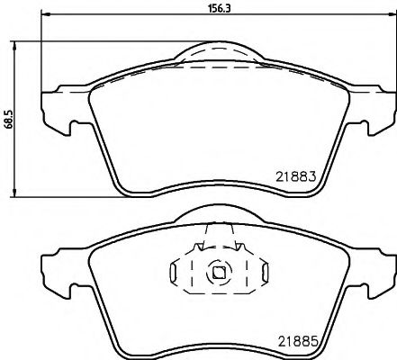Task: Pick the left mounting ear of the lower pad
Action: pyautogui.click(x=57, y=270)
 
